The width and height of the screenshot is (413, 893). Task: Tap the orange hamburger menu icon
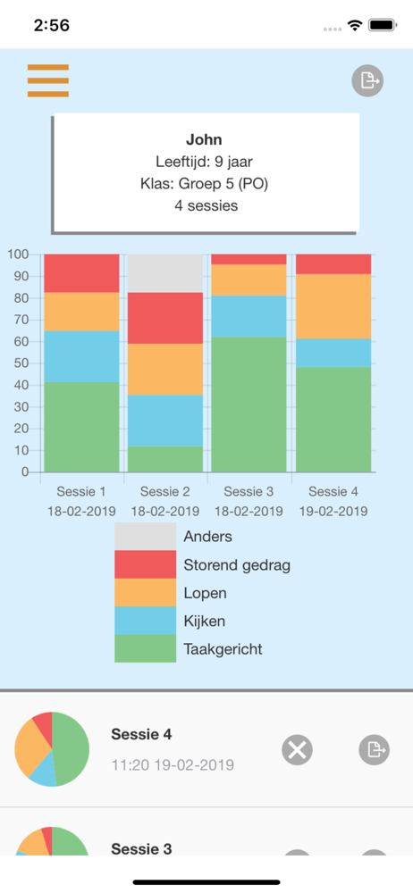48,81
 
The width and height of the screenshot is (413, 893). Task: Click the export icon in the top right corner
367,81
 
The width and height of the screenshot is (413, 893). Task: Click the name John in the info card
204,139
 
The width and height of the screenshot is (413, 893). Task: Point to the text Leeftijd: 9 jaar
204,162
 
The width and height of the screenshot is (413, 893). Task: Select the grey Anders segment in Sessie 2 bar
164,273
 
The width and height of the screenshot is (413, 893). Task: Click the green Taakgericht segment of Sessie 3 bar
249,405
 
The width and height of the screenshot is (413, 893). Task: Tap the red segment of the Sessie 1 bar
81,273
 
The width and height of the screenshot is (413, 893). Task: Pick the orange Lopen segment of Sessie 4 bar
333,306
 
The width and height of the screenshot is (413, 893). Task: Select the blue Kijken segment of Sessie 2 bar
164,421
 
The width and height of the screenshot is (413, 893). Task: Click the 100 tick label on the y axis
18,254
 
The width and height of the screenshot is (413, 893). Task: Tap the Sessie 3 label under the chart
249,491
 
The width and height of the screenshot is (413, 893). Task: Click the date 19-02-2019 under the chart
333,511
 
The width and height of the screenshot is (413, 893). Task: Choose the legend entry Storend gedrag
237,565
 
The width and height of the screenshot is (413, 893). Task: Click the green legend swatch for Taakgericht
146,648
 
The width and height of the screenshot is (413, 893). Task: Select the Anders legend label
207,536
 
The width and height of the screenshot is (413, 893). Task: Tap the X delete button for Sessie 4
297,749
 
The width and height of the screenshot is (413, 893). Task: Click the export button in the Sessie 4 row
375,749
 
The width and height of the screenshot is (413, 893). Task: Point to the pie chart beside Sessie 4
52,749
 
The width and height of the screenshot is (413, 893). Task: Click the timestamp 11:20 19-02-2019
173,765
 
